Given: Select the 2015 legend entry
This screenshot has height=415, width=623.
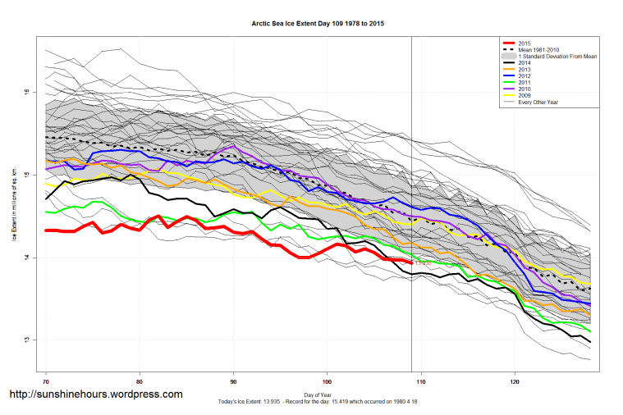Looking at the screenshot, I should point(525,43).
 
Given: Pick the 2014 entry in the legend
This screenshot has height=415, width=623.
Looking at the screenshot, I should point(525,62).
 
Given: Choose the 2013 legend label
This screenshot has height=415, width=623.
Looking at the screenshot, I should point(525,69).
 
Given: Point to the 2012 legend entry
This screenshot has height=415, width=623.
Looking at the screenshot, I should point(525,75).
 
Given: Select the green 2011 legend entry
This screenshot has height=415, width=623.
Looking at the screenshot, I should point(525,82).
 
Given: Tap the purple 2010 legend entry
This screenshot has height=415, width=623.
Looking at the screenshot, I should point(525,89).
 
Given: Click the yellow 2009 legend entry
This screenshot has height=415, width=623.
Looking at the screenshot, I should point(525,95).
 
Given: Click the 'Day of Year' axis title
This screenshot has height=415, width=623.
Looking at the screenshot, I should point(317,395).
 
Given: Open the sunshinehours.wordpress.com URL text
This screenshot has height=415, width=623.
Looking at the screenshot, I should point(95,394).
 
